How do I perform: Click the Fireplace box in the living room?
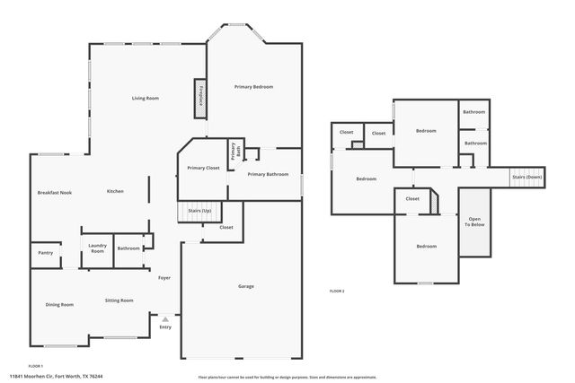pos(202,97)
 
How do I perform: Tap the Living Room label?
pos(146,98)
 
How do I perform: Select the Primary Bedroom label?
pos(253,86)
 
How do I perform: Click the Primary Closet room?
pos(203,168)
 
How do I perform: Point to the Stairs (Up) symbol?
pos(199,211)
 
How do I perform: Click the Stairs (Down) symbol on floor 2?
pos(527,177)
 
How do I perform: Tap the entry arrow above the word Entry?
pos(165,318)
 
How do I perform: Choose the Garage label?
pos(245,286)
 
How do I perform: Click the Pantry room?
pos(45,253)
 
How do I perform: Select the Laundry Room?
pos(97,248)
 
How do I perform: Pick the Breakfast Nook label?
pos(55,192)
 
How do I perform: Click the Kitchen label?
pos(115,191)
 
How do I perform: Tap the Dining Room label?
pos(59,304)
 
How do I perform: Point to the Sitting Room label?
pos(119,300)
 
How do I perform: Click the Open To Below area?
pos(473,222)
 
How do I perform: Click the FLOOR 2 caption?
pos(337,292)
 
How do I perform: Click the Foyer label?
pos(164,278)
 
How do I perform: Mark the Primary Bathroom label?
pos(268,174)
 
